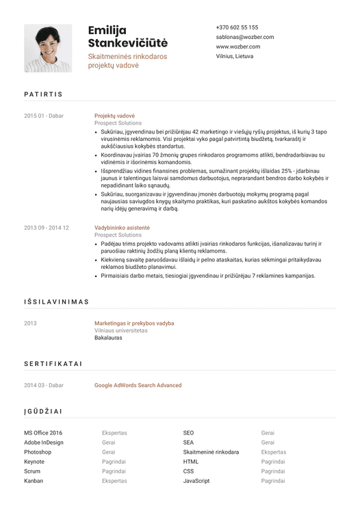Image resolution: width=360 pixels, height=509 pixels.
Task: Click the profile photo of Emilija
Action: click(48, 49)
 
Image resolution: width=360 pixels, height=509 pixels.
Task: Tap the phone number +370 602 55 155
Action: click(237, 27)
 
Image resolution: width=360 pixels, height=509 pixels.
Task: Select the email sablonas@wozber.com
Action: click(244, 37)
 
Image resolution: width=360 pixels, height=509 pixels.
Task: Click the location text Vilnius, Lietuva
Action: click(234, 56)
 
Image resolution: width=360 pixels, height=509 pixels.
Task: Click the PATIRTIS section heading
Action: click(43, 94)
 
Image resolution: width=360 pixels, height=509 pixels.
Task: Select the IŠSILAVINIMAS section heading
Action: click(57, 301)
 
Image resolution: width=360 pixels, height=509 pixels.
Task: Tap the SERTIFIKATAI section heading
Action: click(53, 364)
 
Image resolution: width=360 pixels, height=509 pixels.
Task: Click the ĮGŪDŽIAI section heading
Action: click(43, 411)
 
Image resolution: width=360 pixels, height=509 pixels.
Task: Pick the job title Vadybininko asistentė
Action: click(122, 227)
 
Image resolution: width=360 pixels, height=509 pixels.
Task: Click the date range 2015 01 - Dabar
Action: click(43, 116)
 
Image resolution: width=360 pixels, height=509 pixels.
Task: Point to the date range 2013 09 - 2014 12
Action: click(47, 227)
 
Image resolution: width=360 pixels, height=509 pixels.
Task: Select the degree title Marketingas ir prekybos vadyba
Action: click(134, 323)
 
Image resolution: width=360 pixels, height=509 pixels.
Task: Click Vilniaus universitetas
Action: click(121, 330)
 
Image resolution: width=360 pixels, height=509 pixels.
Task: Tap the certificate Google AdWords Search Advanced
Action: click(138, 385)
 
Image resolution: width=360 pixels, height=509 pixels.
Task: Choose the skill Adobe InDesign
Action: click(44, 443)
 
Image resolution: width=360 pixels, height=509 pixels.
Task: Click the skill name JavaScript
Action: click(196, 481)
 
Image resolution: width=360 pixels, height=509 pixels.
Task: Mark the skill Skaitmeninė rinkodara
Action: click(211, 452)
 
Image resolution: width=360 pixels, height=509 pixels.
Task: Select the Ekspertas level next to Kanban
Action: click(114, 481)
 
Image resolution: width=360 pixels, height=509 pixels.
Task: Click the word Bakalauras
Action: click(108, 338)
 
